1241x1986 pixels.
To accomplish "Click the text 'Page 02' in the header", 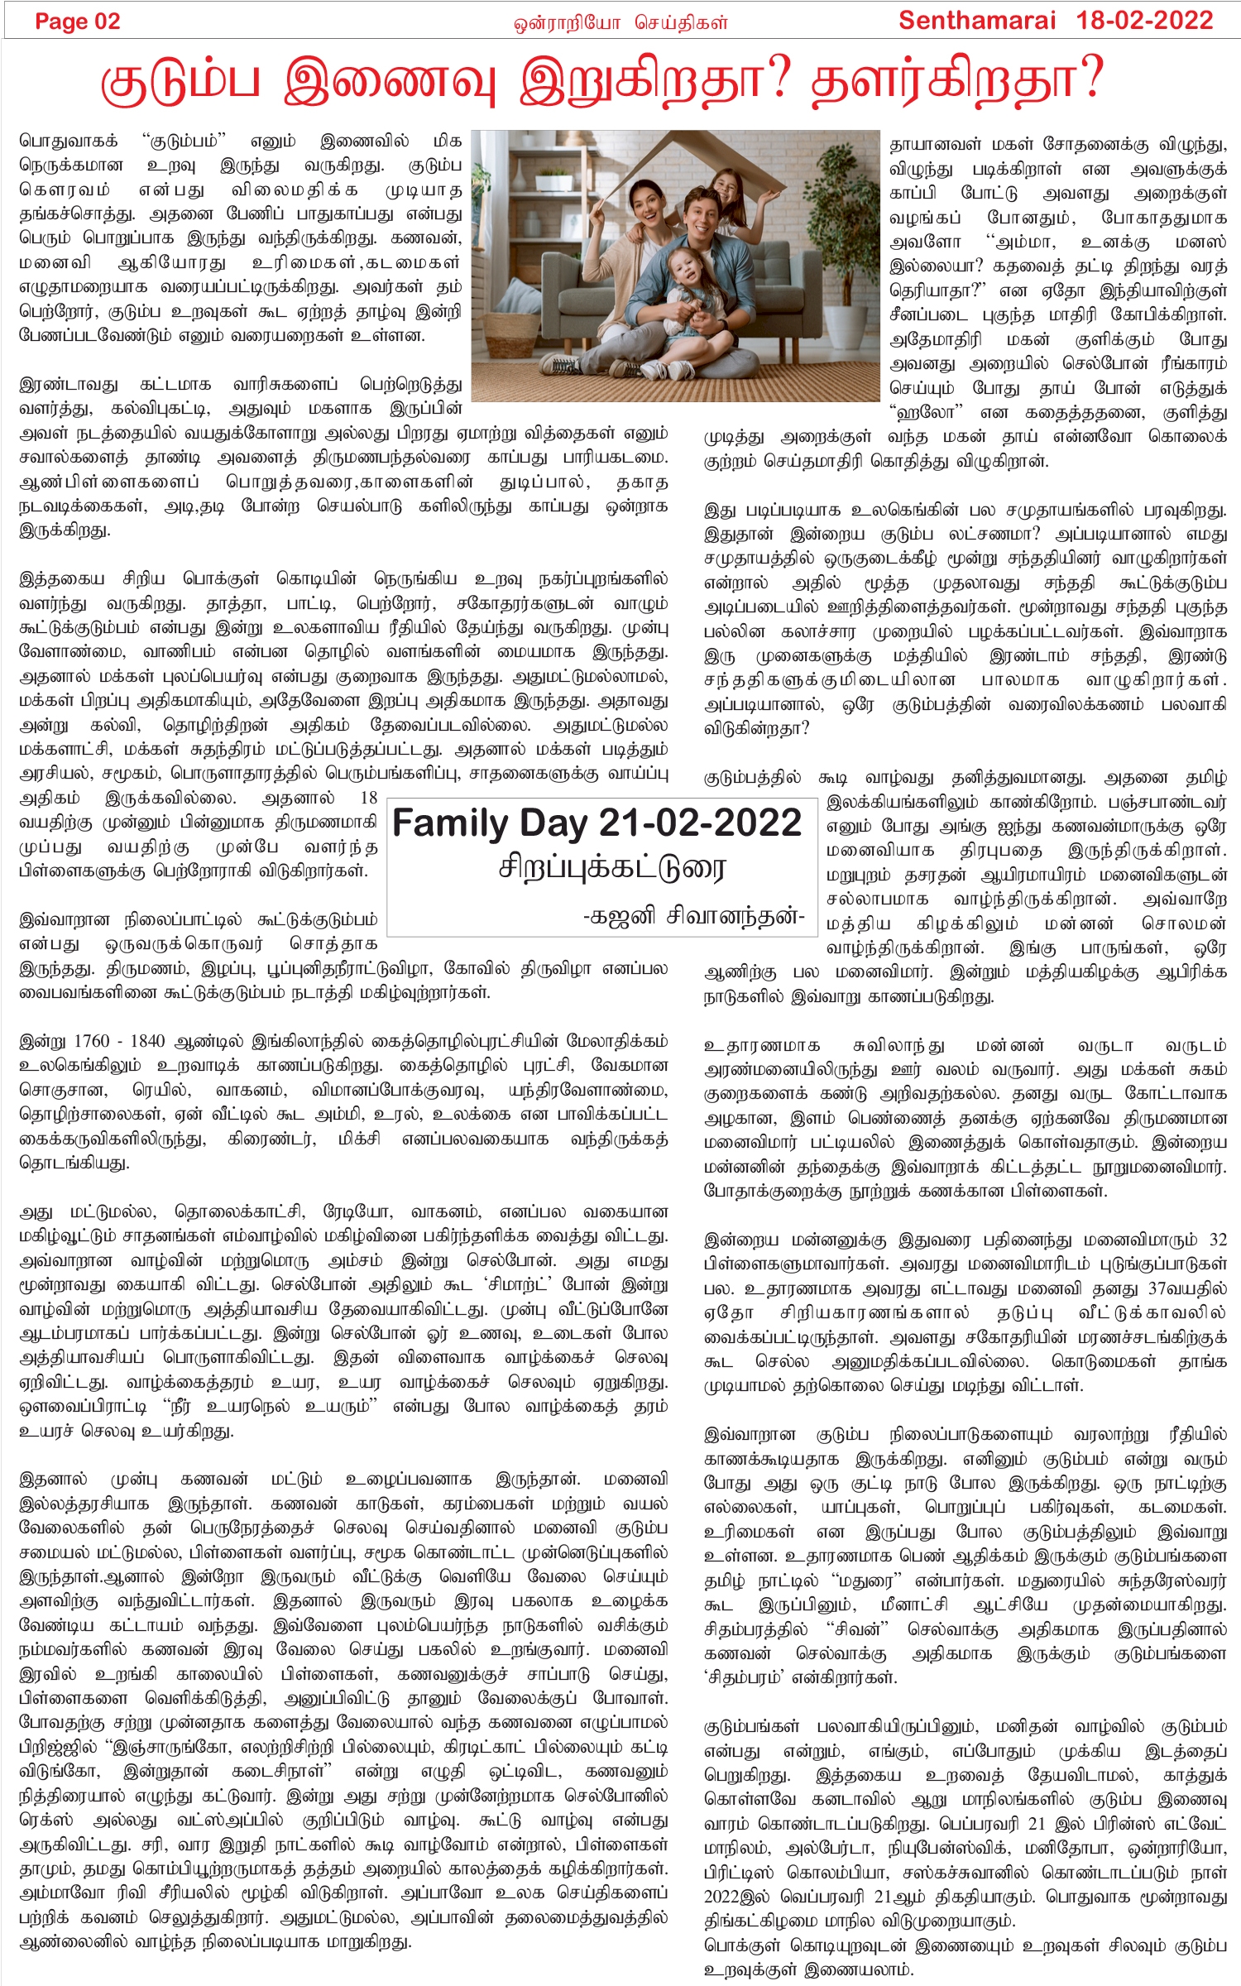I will tap(77, 22).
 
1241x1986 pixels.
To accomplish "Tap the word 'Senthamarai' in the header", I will tap(976, 21).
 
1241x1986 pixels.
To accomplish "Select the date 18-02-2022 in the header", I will tap(1145, 21).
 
